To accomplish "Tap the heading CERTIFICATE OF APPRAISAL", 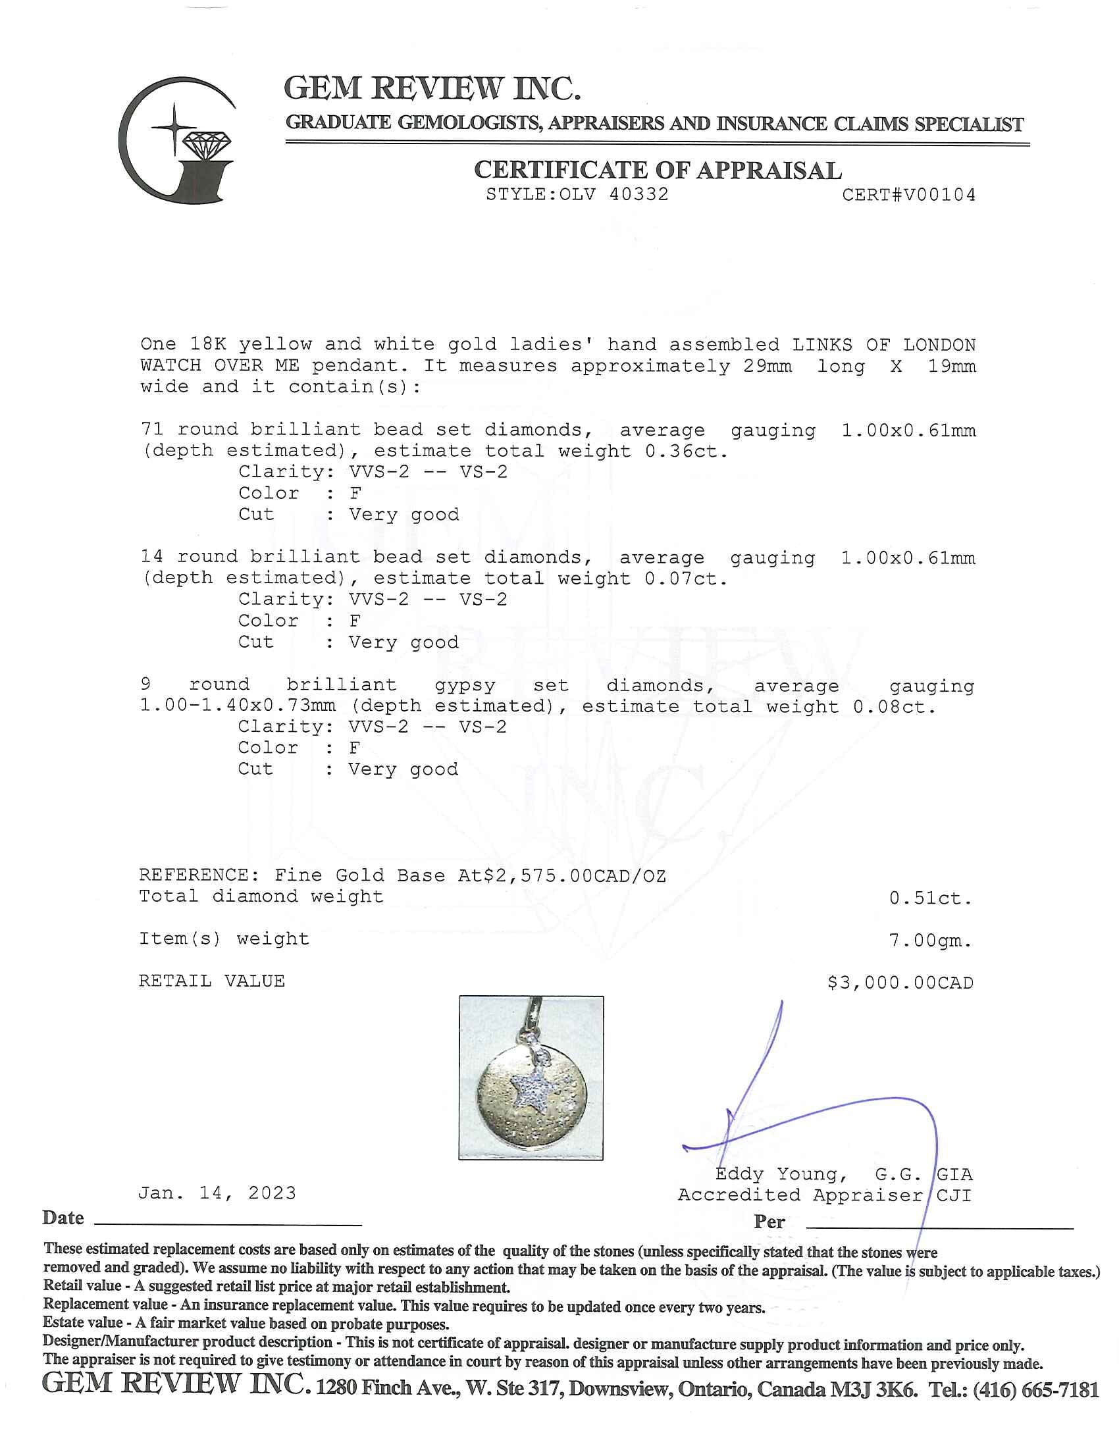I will pos(658,170).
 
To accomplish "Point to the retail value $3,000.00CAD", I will pos(900,983).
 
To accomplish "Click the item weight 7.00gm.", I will pos(930,940).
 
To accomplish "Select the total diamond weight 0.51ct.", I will pos(930,898).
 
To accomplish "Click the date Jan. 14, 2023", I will pos(217,1193).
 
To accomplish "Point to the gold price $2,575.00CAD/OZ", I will pos(575,876).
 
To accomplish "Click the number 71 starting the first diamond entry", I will pos(152,430).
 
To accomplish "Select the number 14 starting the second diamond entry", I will pos(152,557).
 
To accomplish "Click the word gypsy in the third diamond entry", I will pos(465,685).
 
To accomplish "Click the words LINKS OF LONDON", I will pos(883,345).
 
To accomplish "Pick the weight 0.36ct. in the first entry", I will pos(686,452).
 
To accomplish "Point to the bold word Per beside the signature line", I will pos(769,1222).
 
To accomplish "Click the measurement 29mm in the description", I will pos(767,366).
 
